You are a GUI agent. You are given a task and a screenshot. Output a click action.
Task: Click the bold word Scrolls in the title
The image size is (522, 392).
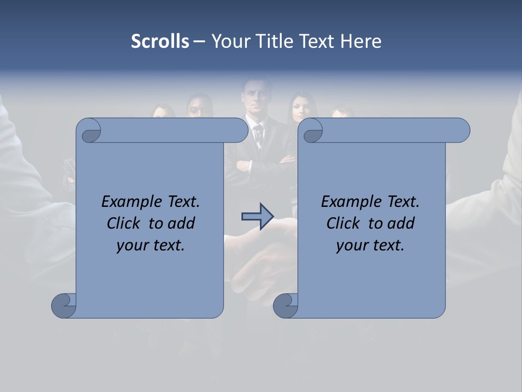[160, 41]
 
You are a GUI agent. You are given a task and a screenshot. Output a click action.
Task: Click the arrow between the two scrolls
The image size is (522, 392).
[257, 217]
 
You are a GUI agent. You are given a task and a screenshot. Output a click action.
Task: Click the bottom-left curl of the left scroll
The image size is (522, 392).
[64, 305]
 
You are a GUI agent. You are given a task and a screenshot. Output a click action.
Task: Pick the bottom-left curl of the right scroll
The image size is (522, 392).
[285, 305]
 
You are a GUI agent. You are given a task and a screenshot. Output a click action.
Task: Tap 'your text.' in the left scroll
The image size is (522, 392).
[151, 245]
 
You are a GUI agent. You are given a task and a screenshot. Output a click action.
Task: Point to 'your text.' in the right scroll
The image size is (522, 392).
[370, 245]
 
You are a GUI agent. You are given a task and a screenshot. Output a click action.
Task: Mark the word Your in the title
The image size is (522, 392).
[230, 41]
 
